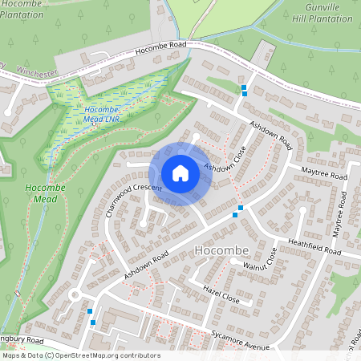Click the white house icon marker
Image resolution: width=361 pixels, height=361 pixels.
tap(180, 173)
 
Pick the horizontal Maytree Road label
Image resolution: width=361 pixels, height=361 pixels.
tap(324, 174)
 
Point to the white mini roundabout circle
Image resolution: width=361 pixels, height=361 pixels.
tap(74, 295)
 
